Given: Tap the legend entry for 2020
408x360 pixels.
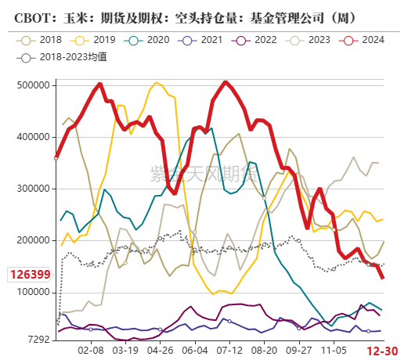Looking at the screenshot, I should pyautogui.click(x=144, y=39).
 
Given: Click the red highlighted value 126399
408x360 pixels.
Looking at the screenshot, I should pyautogui.click(x=29, y=275).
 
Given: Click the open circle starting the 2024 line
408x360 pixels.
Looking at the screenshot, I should pyautogui.click(x=56, y=157).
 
